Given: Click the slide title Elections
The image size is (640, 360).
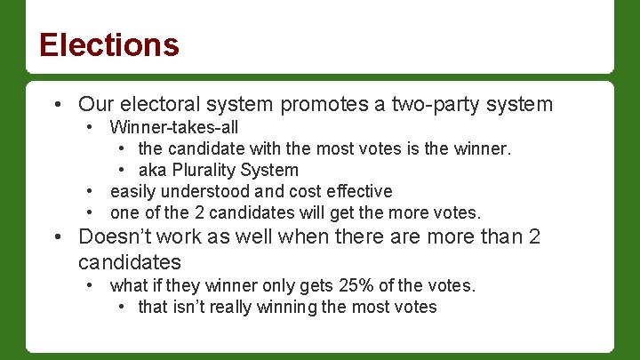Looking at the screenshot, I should click(x=109, y=44).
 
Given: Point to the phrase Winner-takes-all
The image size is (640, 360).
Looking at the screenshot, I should click(x=174, y=127).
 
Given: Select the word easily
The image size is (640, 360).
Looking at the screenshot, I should click(x=132, y=191).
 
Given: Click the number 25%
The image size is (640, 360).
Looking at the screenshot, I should click(x=356, y=285).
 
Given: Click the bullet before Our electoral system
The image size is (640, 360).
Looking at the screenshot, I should click(x=58, y=105).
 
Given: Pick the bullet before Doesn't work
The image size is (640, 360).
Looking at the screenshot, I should click(x=58, y=237).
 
